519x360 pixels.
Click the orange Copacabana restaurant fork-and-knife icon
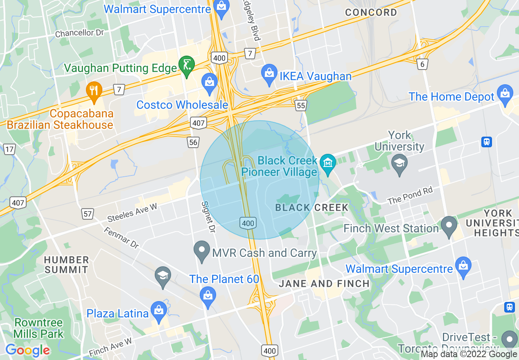[95, 91]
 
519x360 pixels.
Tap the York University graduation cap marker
[399, 164]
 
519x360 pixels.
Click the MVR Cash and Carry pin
[202, 251]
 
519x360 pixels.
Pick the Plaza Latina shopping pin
[158, 312]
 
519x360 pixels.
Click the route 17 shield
[9, 149]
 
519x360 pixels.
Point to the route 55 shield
[301, 106]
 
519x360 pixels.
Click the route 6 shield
[423, 64]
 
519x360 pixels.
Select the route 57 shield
[87, 213]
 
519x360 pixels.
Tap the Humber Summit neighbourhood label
[66, 265]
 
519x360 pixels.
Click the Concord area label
[371, 12]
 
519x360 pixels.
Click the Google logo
[27, 350]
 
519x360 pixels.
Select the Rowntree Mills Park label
[38, 328]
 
